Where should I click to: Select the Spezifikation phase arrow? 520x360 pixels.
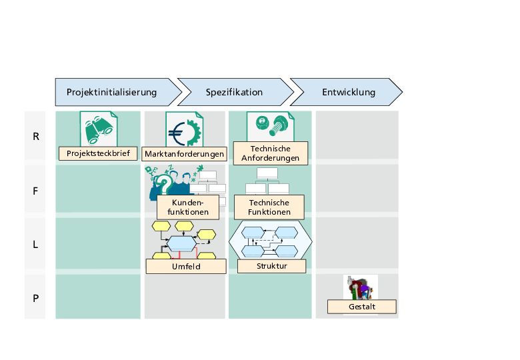(234, 92)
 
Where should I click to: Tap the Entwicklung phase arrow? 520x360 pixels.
(347, 92)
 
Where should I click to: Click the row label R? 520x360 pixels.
(35, 137)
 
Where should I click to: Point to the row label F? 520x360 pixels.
(35, 191)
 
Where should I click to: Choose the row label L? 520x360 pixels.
(35, 244)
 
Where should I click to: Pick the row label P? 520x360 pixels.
(35, 298)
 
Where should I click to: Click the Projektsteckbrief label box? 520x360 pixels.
(98, 153)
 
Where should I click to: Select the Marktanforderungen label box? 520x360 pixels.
(185, 154)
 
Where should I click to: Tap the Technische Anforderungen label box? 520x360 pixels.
(270, 153)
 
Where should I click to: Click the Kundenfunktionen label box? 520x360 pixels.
(189, 207)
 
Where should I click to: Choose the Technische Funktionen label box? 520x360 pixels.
(269, 207)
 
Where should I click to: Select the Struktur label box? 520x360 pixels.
(271, 266)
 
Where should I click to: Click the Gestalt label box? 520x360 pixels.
(362, 307)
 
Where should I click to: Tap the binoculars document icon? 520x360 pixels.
(99, 128)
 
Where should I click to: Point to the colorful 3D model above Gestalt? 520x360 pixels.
(361, 287)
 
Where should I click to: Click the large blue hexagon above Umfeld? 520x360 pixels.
(181, 244)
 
